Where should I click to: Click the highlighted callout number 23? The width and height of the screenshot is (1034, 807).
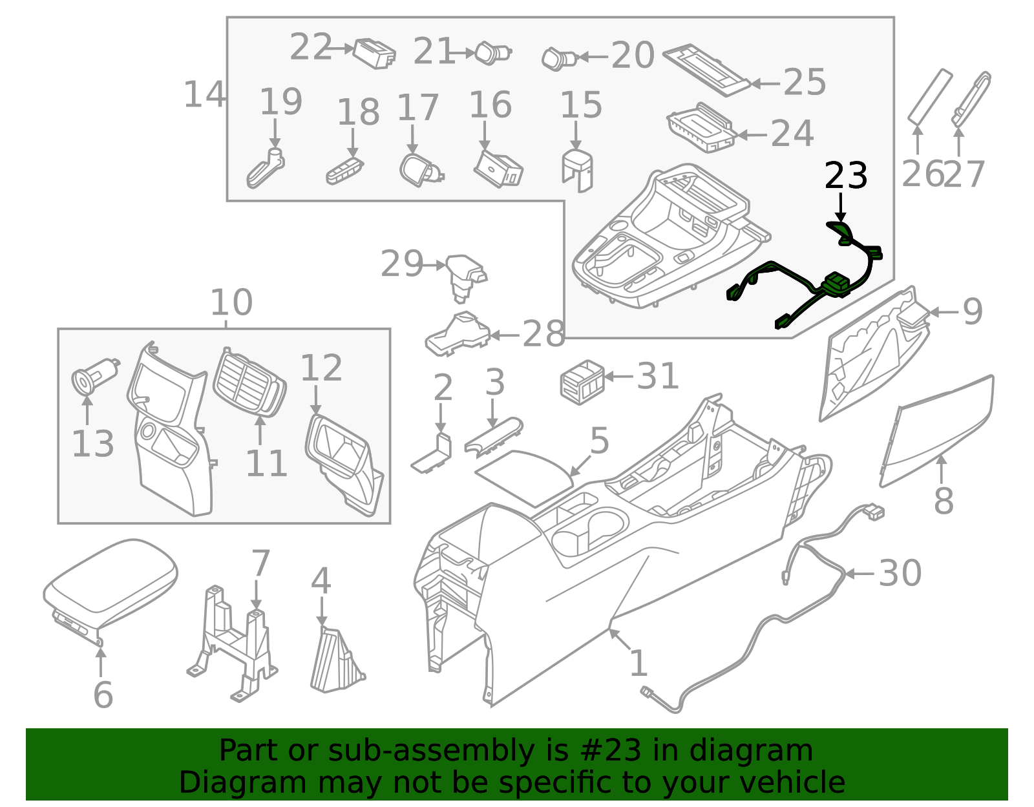coord(845,176)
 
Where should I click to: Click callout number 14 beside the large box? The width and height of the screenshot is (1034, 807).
coord(204,95)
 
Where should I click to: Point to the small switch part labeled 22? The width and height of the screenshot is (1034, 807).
coord(374,53)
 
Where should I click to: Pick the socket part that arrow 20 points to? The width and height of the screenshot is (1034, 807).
coord(557,58)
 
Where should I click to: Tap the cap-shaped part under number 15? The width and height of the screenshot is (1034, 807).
coord(577,169)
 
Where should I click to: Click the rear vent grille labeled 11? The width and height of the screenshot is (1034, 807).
coord(249,384)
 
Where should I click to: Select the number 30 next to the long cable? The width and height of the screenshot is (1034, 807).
coord(900,573)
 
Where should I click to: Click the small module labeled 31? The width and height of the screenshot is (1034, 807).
coord(582,381)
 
